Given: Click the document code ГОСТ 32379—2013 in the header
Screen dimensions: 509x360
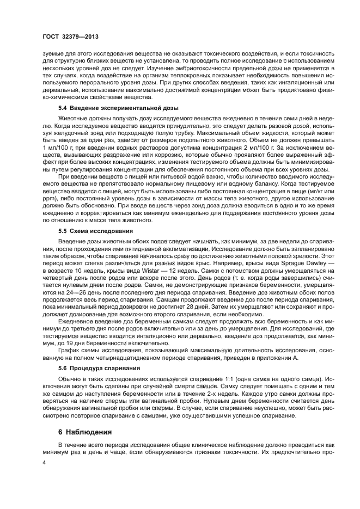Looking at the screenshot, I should tap(67, 36).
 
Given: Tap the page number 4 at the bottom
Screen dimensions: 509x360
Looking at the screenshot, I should tap(45, 464).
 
